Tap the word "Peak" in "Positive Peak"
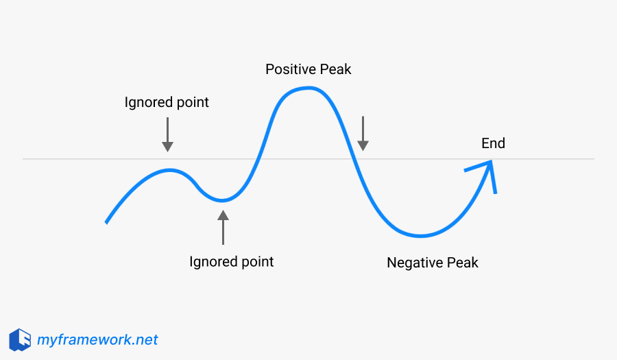pos(335,69)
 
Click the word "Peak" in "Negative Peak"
pos(463,263)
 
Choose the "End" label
pos(493,143)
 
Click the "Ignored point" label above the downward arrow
pos(167,103)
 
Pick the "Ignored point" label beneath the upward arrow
pos(231,262)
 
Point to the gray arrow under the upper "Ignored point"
pos(167,134)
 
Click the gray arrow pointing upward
pos(223,227)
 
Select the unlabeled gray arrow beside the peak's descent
pos(363,133)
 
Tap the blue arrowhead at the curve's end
pos(488,169)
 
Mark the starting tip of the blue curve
pos(106,222)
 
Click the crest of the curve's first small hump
pos(171,170)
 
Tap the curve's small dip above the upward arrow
pos(221,200)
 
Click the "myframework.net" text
pos(97,339)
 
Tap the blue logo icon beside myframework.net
pos(20,339)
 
